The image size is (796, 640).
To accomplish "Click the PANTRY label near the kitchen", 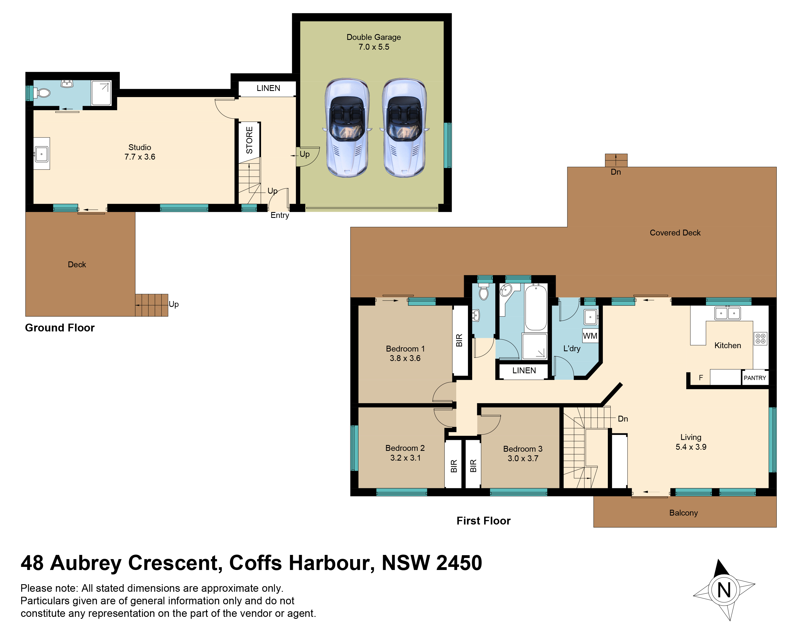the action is (x=755, y=378).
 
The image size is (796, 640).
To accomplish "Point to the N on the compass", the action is (x=724, y=590).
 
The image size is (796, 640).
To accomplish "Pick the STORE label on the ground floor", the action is (x=250, y=140).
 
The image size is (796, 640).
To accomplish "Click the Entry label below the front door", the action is (x=280, y=215).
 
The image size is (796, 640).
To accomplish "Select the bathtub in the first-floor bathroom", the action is (x=536, y=307).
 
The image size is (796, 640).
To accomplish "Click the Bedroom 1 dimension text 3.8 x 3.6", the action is (x=405, y=358).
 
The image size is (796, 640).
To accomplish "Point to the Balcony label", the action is (x=683, y=513).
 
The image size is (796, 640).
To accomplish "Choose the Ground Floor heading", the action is (x=60, y=328).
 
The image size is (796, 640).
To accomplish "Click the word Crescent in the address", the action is (x=175, y=563).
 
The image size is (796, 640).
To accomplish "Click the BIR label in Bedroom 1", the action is (x=459, y=340).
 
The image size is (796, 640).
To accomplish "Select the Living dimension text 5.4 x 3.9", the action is (x=691, y=447).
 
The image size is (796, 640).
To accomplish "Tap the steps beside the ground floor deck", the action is (x=152, y=305).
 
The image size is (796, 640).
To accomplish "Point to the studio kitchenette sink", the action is (x=41, y=154).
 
